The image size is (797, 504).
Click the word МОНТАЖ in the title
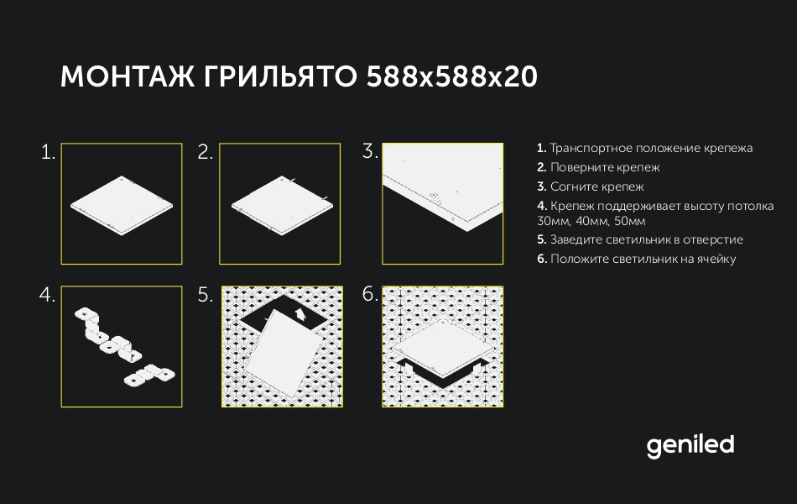127,77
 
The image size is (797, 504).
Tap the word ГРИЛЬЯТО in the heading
280,77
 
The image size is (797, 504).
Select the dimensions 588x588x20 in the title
451,77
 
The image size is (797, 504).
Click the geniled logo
690,447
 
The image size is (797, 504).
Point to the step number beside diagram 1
48,152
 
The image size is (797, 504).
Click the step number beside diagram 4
47,295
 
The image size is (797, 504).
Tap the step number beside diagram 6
370,294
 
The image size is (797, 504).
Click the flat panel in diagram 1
122,206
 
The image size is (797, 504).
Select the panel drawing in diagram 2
282,206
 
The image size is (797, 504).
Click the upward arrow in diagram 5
300,314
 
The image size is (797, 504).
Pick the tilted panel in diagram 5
284,353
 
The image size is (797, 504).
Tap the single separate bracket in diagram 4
149,375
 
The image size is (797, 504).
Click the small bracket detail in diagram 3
435,197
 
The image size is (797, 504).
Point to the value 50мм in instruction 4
630,222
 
